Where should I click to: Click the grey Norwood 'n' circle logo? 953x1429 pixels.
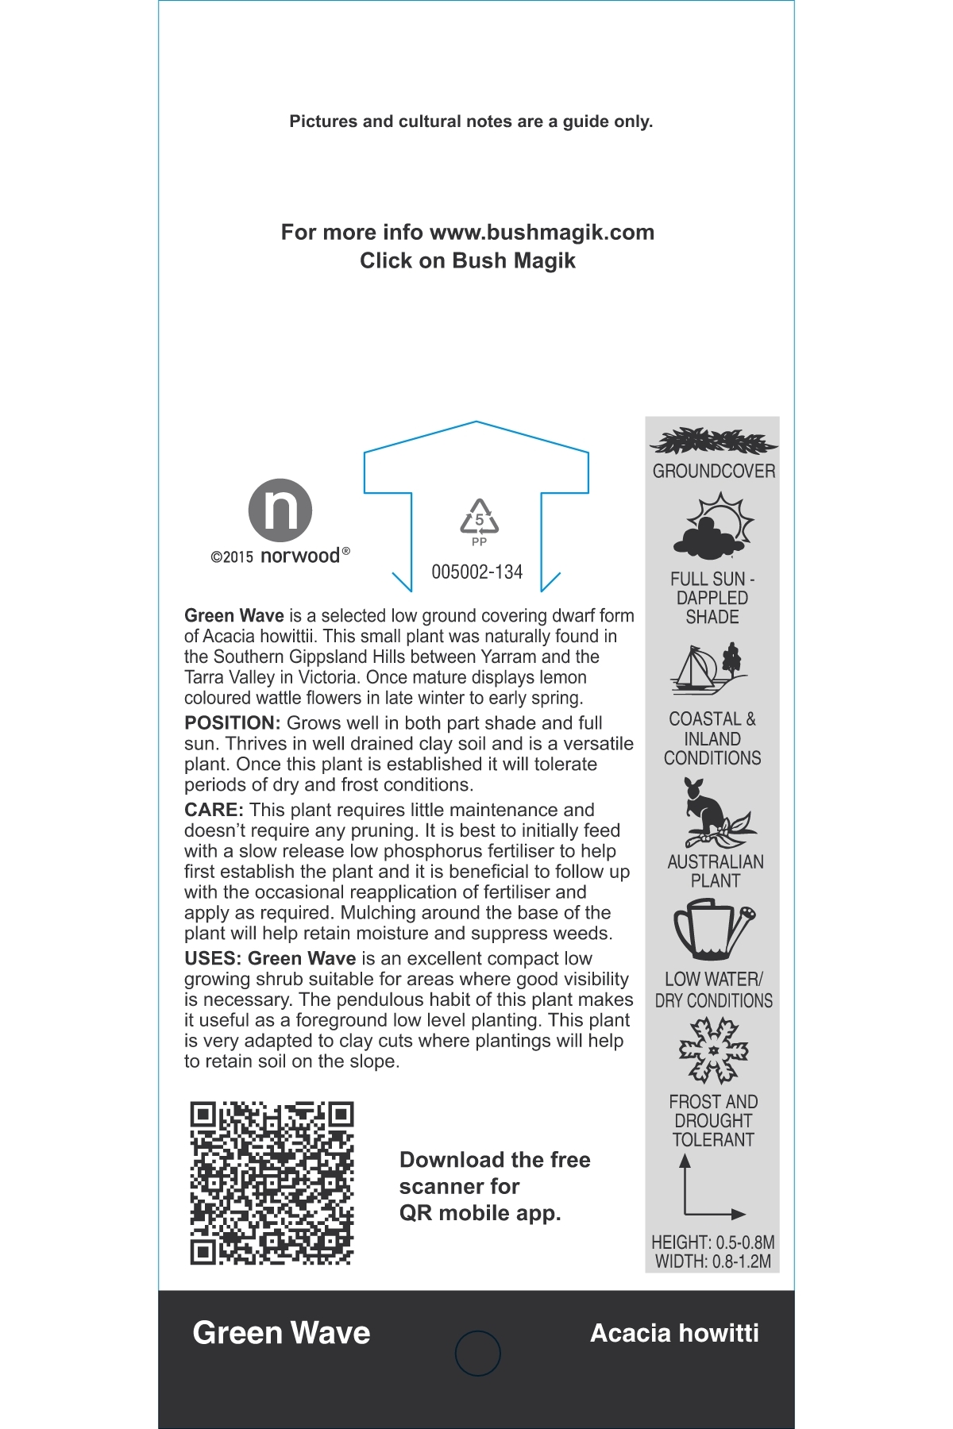(x=280, y=510)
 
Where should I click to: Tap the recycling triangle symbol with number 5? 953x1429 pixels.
(x=479, y=518)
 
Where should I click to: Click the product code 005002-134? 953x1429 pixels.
(x=476, y=572)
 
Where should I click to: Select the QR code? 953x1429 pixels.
(x=272, y=1183)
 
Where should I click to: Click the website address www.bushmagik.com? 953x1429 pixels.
(x=542, y=233)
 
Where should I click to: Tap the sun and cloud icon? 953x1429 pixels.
(x=713, y=526)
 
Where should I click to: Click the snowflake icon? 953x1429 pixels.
(x=713, y=1051)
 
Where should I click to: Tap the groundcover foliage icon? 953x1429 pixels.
(x=712, y=441)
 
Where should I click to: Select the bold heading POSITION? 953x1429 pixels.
(x=232, y=723)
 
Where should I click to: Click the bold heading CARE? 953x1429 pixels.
(x=214, y=811)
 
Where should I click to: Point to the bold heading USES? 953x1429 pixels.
(x=213, y=959)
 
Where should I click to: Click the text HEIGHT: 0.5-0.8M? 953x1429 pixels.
(x=712, y=1242)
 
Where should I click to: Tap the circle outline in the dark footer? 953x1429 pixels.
(x=478, y=1354)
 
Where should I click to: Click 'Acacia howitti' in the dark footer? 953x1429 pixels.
(x=674, y=1333)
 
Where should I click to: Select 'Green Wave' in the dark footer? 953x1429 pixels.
(x=281, y=1333)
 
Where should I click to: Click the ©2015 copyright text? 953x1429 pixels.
(x=232, y=557)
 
